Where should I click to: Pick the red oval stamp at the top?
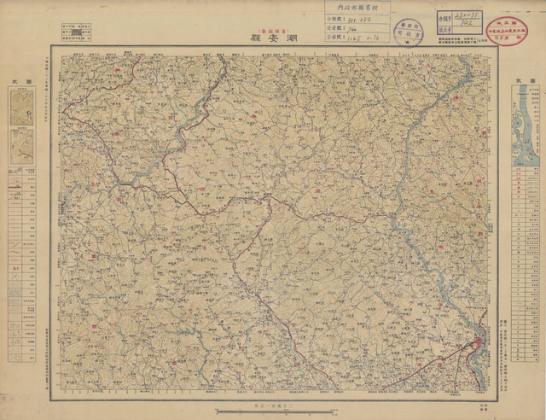[x=514, y=25]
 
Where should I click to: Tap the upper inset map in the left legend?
[x=20, y=107]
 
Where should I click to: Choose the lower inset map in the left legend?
[x=20, y=145]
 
